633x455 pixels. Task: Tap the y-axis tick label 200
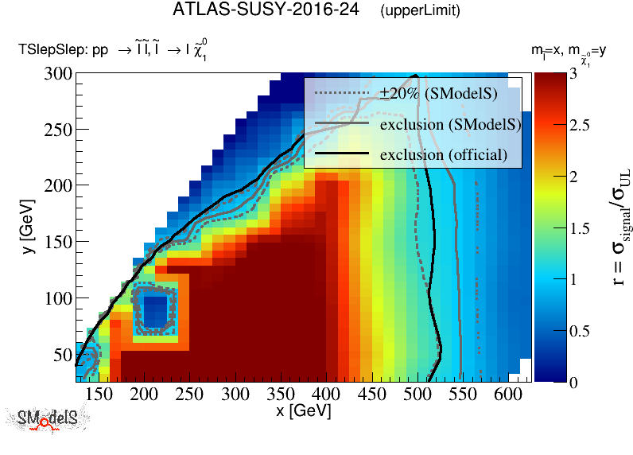point(56,185)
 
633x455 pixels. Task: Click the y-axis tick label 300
point(56,73)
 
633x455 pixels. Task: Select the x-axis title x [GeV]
point(303,412)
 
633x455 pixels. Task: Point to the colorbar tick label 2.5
point(578,126)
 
